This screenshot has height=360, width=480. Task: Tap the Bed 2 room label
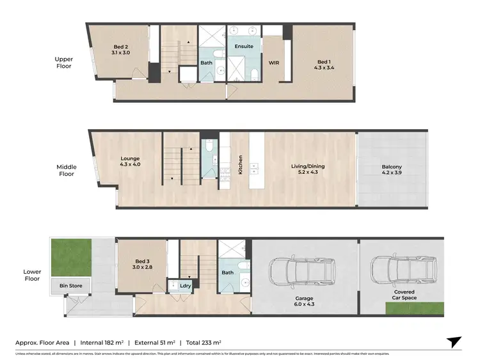point(122,50)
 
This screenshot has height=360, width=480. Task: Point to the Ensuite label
point(244,47)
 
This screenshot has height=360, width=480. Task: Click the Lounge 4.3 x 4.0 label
point(130,162)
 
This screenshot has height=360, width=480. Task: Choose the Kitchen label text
point(241,165)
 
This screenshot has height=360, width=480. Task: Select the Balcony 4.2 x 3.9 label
point(392,169)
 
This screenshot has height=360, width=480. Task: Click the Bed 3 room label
point(143,264)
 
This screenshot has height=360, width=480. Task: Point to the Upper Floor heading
point(63,63)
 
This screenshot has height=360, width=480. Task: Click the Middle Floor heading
point(66,170)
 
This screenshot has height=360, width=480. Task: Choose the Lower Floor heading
point(31,275)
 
